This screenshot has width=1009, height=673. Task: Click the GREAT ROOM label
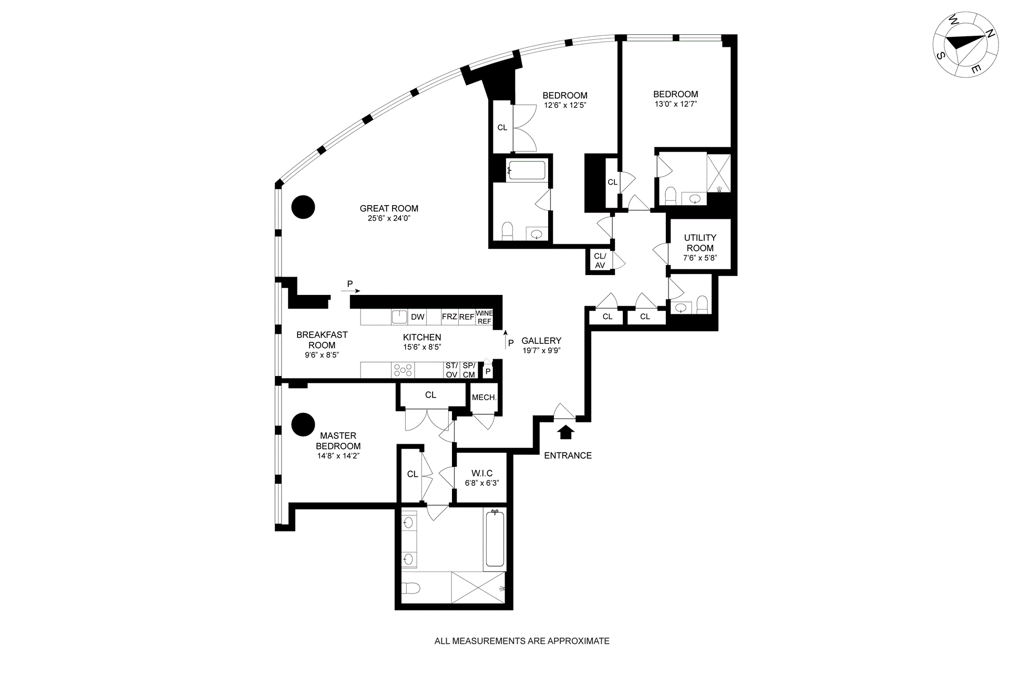(389, 209)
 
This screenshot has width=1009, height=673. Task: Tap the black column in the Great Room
(303, 207)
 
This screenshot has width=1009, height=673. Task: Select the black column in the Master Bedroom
(303, 424)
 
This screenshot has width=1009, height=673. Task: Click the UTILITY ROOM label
(700, 243)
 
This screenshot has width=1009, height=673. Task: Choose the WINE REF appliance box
(484, 317)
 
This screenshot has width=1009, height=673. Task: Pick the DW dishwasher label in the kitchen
(418, 317)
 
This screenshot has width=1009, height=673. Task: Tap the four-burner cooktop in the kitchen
(403, 370)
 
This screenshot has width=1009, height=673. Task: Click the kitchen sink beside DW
(399, 317)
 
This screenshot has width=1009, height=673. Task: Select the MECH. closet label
(484, 397)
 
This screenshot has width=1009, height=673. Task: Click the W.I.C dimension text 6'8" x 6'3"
(482, 483)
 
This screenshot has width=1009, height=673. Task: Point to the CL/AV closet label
(600, 261)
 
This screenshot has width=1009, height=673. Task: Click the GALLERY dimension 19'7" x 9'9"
(541, 351)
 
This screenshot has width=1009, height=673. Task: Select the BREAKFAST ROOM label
(322, 340)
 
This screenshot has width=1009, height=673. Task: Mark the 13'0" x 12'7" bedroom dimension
(676, 104)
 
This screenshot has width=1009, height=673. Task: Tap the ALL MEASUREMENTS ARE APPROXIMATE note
(522, 641)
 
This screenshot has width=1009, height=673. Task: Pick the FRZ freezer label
(449, 317)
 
